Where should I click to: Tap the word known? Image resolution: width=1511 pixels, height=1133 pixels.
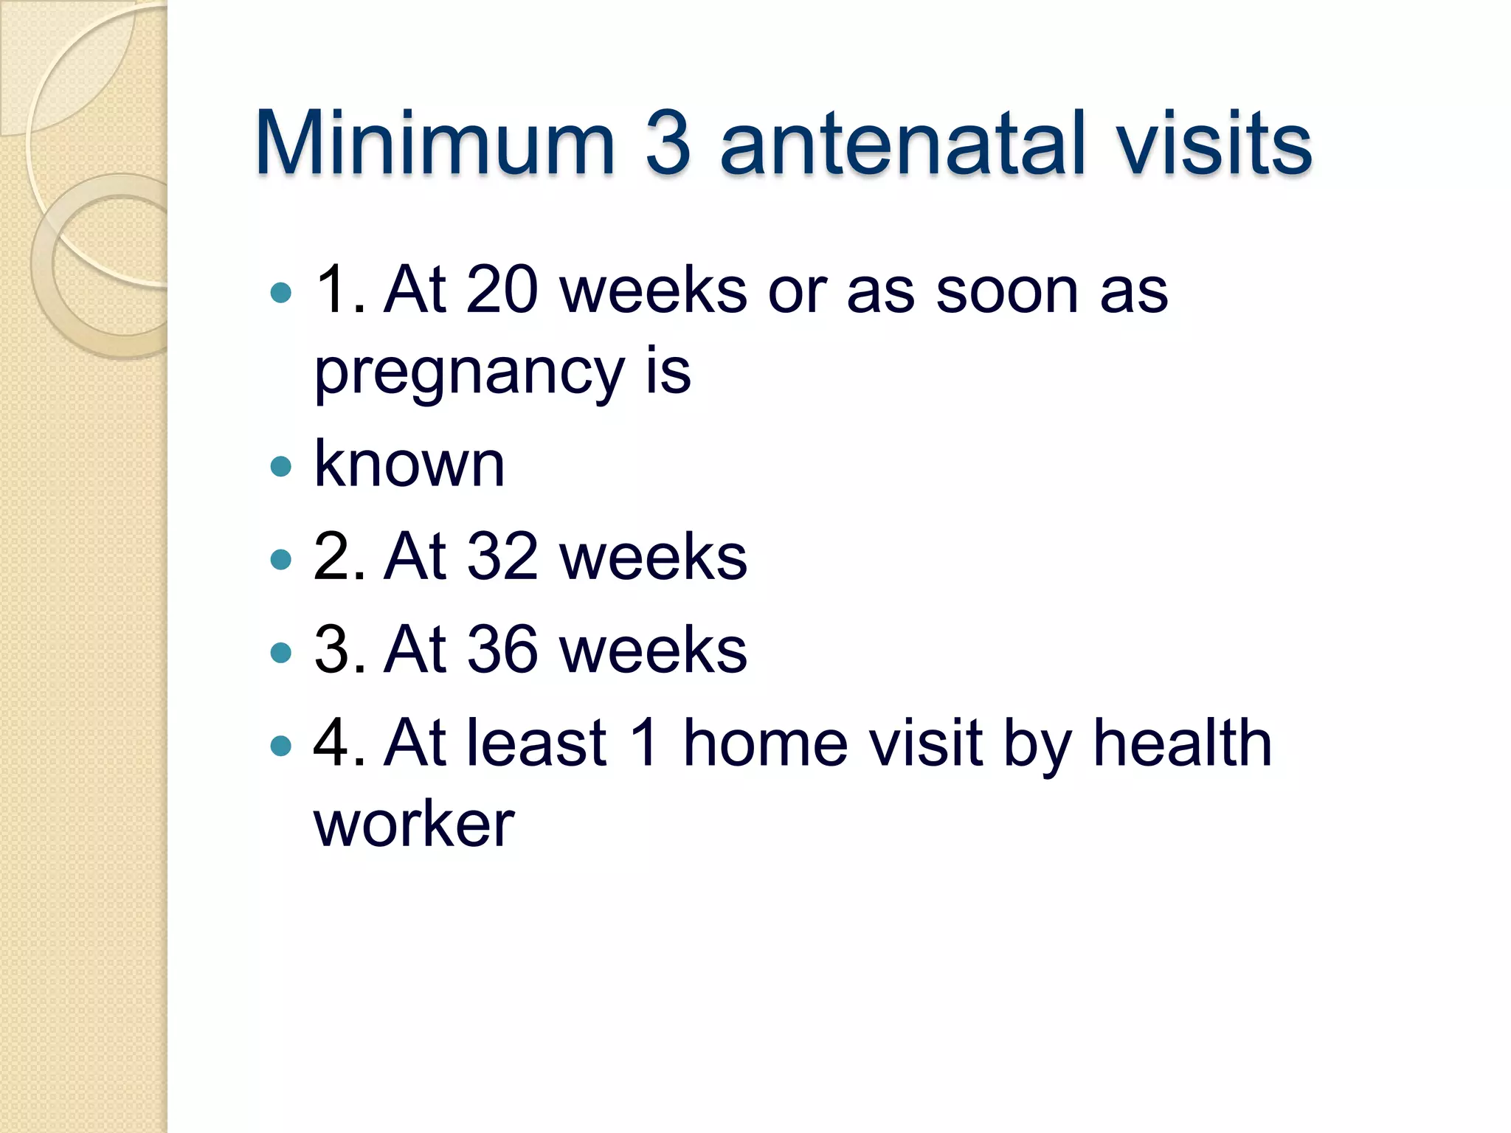click(x=409, y=464)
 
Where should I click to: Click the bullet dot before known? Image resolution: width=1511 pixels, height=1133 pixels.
click(x=281, y=466)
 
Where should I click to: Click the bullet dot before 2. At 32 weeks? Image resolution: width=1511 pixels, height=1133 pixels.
click(x=281, y=559)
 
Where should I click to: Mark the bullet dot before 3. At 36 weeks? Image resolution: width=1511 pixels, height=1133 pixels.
click(x=281, y=652)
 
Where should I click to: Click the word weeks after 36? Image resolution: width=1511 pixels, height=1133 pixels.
click(x=653, y=649)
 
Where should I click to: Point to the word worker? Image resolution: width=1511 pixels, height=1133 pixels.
click(x=414, y=824)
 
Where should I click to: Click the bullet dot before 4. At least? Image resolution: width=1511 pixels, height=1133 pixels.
click(x=281, y=746)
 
